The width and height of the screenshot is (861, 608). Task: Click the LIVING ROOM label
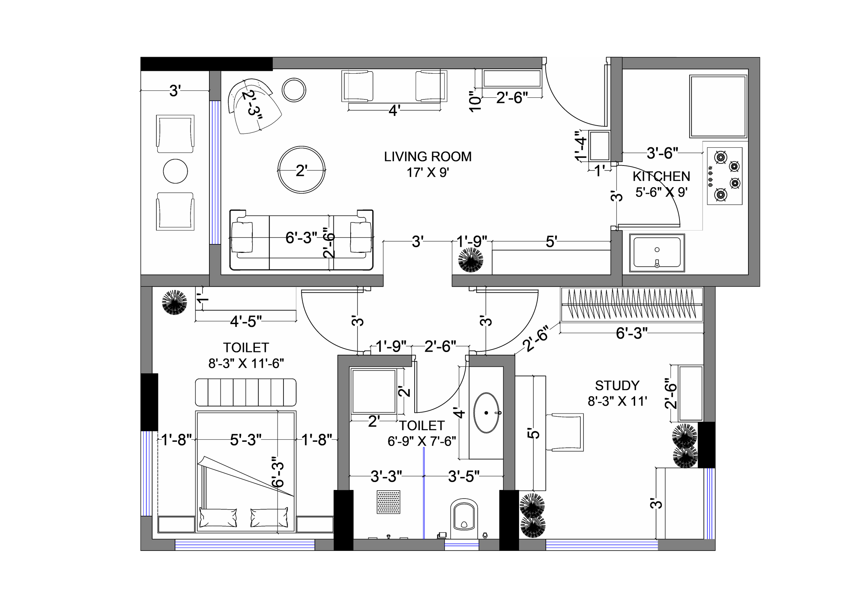427,157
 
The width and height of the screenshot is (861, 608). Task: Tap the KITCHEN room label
661,177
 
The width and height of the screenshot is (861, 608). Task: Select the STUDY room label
617,385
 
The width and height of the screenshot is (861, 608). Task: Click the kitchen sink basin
657,253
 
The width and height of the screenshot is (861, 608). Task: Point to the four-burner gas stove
725,176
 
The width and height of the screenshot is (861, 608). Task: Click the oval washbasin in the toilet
487,413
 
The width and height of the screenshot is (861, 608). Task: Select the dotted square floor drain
388,502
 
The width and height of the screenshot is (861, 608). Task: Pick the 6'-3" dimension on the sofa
301,238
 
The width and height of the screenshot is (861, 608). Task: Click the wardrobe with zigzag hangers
632,304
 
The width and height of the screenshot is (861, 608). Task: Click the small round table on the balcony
176,171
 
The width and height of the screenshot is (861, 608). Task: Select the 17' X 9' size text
428,173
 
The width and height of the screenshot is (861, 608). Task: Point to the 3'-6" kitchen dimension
662,153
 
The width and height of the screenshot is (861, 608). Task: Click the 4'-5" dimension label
246,321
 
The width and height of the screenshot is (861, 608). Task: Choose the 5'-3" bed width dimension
246,440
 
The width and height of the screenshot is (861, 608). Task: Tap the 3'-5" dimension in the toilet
464,477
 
